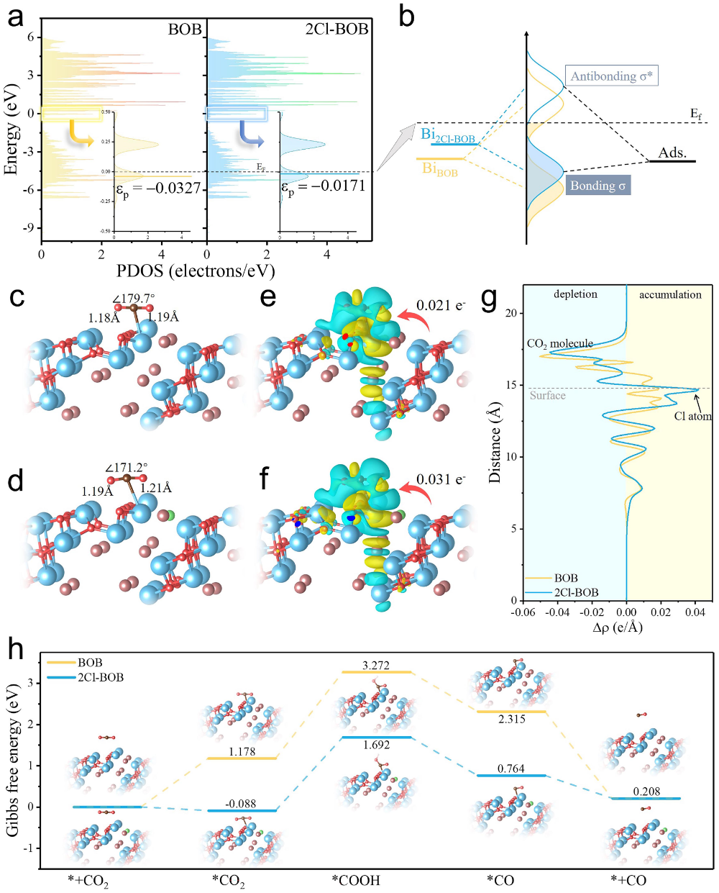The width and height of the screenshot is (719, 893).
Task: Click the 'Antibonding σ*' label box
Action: (611, 76)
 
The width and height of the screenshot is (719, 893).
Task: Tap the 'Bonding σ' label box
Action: (597, 186)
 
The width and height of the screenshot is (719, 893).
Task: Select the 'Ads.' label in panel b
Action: (672, 153)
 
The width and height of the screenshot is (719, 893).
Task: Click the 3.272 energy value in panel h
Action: (376, 666)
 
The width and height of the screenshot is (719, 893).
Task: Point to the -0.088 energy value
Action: (240, 804)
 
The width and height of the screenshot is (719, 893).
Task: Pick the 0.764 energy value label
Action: (511, 769)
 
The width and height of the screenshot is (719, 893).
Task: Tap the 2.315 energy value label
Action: (511, 719)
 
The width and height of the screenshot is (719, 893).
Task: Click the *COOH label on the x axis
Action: (356, 880)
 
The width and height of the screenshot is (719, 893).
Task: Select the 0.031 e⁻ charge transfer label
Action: (441, 479)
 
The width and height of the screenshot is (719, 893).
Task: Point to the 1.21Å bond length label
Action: (156, 488)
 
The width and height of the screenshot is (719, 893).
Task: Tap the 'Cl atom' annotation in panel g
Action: (692, 416)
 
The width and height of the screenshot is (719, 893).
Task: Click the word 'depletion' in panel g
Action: (575, 294)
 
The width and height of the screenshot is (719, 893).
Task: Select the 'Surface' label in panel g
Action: (548, 396)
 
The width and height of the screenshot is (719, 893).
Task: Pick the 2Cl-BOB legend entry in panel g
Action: (576, 592)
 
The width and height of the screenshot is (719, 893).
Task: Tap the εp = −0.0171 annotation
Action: (323, 187)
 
